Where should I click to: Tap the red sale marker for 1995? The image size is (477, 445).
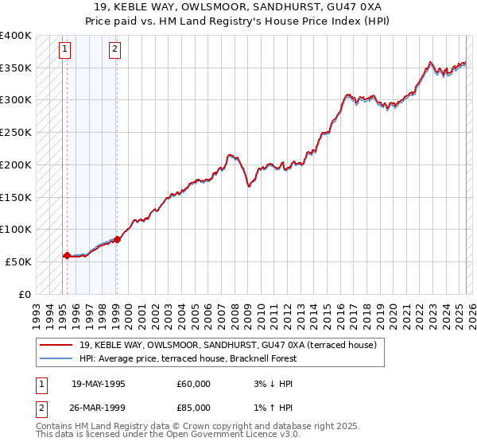click(67, 255)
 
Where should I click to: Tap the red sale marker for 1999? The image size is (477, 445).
click(117, 238)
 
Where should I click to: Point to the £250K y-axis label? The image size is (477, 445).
click(16, 133)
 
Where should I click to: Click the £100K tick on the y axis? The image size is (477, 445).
click(16, 229)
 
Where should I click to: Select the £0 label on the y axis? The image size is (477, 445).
click(25, 293)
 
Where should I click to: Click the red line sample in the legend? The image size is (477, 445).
click(56, 346)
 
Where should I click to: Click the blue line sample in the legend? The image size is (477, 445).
click(56, 358)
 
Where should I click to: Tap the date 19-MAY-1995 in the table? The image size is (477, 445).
click(99, 384)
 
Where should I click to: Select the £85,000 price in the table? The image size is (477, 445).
click(194, 407)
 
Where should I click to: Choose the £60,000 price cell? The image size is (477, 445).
click(194, 384)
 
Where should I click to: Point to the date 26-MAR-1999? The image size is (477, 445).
click(99, 407)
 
